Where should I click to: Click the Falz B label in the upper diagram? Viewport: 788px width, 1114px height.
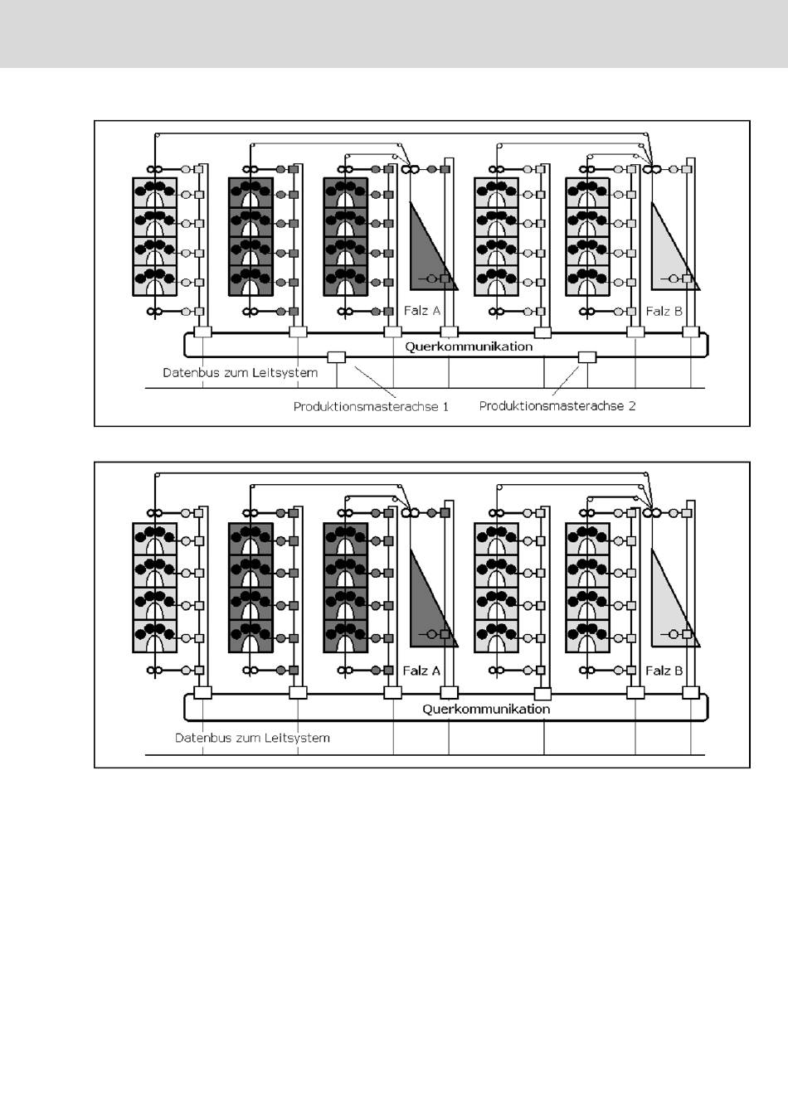[664, 311]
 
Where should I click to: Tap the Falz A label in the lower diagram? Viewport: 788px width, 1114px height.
[421, 671]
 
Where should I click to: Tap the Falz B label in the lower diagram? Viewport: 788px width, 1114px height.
[664, 671]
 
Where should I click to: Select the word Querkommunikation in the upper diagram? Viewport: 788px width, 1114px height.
[469, 346]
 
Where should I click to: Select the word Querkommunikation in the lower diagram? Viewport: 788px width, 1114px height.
[486, 709]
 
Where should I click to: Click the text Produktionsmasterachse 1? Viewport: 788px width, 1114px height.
[371, 407]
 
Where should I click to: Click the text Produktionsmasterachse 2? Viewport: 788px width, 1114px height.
[557, 406]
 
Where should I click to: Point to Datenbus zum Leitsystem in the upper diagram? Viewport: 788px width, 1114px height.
[240, 373]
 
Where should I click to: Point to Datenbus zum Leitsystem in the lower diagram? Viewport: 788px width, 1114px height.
[252, 738]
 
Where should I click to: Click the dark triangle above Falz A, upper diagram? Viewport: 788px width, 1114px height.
[425, 257]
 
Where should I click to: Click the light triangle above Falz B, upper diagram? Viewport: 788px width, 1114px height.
[668, 257]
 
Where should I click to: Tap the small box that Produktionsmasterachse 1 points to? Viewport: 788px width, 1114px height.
[336, 357]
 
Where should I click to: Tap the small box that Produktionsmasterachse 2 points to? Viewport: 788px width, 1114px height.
[586, 357]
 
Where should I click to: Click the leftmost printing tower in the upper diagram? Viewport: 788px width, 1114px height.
[155, 236]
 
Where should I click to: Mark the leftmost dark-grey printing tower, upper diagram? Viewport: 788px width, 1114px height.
[251, 236]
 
